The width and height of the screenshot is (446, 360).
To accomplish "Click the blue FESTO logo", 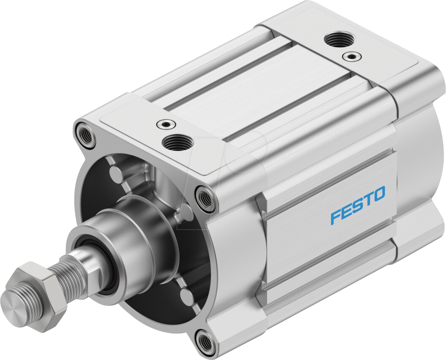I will [x=358, y=205].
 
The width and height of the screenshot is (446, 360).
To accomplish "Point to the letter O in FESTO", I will [x=378, y=194].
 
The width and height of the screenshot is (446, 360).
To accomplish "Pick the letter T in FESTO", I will [x=367, y=200].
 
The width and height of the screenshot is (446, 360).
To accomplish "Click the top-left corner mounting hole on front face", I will [x=84, y=132].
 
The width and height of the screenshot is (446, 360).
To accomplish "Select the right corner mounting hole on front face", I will [x=205, y=197].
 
